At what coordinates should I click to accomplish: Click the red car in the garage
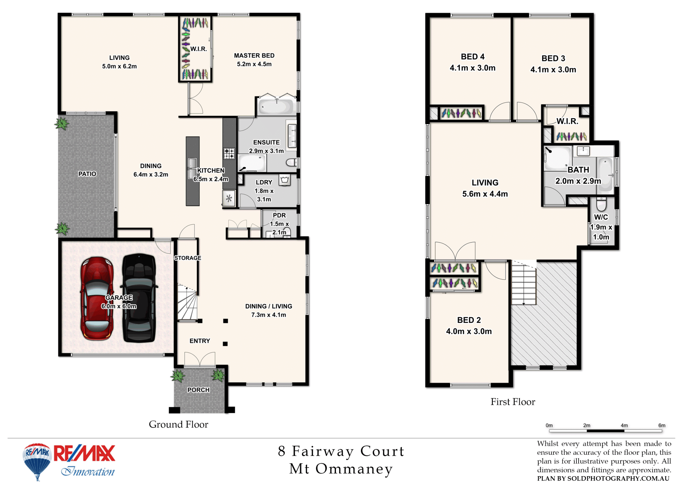(x=97, y=299)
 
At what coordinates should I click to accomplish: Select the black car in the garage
(x=139, y=298)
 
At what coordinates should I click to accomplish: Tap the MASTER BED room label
(x=254, y=56)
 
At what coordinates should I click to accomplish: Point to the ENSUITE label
(x=266, y=142)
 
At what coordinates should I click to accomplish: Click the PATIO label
(x=87, y=174)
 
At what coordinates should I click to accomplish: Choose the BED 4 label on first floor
(x=472, y=57)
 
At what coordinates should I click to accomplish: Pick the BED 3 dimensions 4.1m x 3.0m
(x=553, y=70)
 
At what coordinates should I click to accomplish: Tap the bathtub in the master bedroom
(x=276, y=106)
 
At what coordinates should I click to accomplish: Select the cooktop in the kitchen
(x=229, y=153)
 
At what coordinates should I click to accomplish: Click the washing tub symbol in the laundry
(x=284, y=180)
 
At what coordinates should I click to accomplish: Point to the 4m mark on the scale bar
(x=624, y=425)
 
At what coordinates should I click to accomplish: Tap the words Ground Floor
(x=178, y=424)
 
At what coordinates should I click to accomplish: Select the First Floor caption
(x=513, y=402)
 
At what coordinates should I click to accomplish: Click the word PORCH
(x=198, y=390)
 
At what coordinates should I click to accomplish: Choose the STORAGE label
(x=188, y=258)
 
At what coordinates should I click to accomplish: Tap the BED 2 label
(x=469, y=320)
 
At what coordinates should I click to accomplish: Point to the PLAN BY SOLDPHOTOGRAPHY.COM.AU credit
(x=603, y=479)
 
